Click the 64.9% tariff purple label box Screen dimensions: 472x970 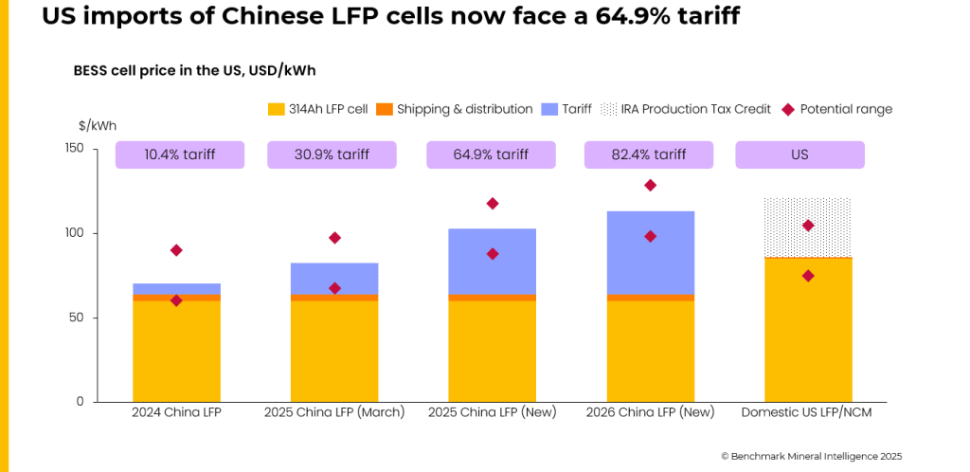point(492,154)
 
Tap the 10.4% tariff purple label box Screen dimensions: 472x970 point(180,154)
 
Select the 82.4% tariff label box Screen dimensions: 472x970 point(649,154)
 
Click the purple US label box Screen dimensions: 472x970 point(799,154)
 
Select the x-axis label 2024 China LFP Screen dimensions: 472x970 point(176,412)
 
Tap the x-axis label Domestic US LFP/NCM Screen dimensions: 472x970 point(805,412)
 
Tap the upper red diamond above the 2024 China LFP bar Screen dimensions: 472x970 point(176,250)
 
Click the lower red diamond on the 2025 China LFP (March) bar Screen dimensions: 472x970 point(334,288)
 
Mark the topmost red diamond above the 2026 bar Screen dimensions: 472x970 point(650,186)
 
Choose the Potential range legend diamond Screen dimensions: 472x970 point(788,109)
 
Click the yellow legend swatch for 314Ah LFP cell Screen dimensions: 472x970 point(277,109)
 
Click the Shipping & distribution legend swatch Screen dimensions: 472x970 point(385,109)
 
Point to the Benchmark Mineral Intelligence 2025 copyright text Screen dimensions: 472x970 point(812,456)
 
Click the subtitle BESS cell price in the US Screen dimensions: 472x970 point(201,71)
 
